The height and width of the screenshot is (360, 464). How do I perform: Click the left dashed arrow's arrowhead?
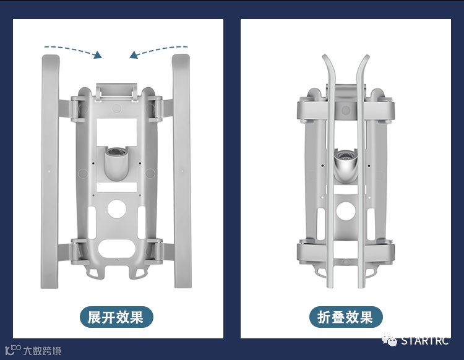[x=98, y=55]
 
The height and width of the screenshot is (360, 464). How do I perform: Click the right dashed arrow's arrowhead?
[x=134, y=55]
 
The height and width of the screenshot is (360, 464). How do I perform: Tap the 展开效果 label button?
[x=116, y=317]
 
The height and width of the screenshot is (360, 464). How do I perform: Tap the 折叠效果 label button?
[x=346, y=317]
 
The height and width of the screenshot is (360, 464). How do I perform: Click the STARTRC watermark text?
[x=425, y=341]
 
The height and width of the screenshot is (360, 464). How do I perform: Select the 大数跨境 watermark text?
[x=42, y=351]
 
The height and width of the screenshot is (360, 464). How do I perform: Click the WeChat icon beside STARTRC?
[x=389, y=340]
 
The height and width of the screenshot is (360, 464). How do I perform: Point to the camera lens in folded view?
[x=345, y=155]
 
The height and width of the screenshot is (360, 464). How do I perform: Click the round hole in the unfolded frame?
[x=116, y=209]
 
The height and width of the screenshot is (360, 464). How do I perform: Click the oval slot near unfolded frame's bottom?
[x=116, y=249]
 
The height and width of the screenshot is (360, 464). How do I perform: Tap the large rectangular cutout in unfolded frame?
[x=116, y=132]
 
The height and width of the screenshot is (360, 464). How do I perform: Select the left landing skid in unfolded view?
[x=49, y=171]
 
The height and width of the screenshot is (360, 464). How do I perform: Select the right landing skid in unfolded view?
[x=182, y=171]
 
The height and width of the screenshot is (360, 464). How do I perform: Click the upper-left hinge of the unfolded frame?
[x=76, y=109]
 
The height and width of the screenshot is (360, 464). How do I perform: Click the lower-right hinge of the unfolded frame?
[x=157, y=251]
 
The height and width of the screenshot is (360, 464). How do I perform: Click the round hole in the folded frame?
[x=345, y=210]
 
